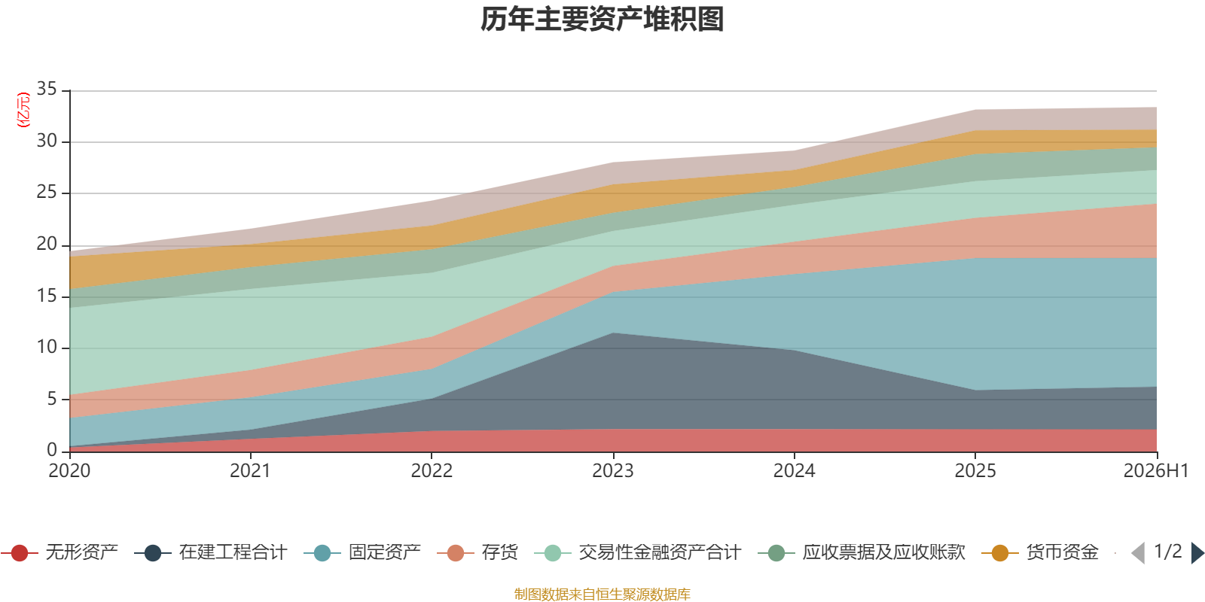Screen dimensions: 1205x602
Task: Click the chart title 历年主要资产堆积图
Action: coord(602,20)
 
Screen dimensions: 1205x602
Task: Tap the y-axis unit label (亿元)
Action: coord(23,110)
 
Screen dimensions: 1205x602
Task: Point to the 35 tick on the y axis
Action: coord(47,89)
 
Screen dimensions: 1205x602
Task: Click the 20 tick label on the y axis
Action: coord(47,244)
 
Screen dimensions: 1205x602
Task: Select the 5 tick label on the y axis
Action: coord(52,399)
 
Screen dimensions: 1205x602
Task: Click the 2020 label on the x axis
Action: coord(69,471)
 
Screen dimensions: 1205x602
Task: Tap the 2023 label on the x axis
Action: coord(613,471)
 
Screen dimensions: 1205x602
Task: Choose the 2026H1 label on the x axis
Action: coord(1156,471)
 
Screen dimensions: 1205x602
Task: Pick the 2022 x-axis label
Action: coord(432,471)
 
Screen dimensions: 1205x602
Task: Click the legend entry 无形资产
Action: coord(59,552)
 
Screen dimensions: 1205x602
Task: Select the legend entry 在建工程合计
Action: coord(211,552)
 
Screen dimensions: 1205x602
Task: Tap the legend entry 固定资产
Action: coord(362,552)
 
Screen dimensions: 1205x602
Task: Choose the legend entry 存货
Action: coord(477,552)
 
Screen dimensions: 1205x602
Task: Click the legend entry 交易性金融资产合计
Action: coord(638,552)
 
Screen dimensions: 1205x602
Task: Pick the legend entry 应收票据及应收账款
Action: coord(862,552)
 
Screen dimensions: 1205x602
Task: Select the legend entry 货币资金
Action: coord(1040,552)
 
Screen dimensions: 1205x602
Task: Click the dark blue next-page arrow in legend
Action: coord(1197,552)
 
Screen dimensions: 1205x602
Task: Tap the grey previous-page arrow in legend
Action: coord(1138,552)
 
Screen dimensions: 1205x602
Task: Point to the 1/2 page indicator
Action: coord(1168,552)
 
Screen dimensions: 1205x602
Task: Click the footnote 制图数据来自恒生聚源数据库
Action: coord(602,594)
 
